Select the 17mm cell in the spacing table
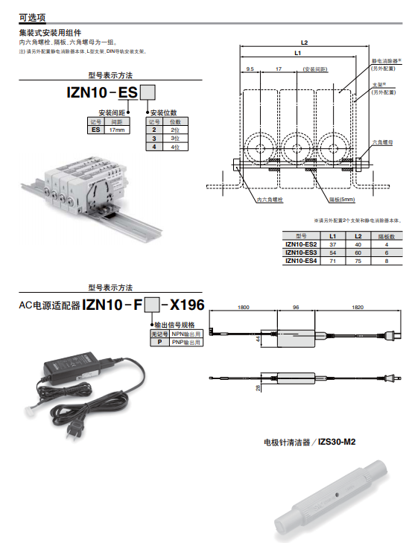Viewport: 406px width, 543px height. pos(117,130)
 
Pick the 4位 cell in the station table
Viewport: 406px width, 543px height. pos(175,147)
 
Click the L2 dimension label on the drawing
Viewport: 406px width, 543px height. pos(305,42)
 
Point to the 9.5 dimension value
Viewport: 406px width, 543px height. pos(250,69)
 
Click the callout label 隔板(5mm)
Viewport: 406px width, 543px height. pos(342,200)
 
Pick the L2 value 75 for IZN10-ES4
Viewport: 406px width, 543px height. pos(358,261)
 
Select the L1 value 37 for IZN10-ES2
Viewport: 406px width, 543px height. pos(333,244)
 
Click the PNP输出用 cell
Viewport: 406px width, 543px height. pos(186,343)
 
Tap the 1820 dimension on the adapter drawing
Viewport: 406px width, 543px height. pos(356,307)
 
